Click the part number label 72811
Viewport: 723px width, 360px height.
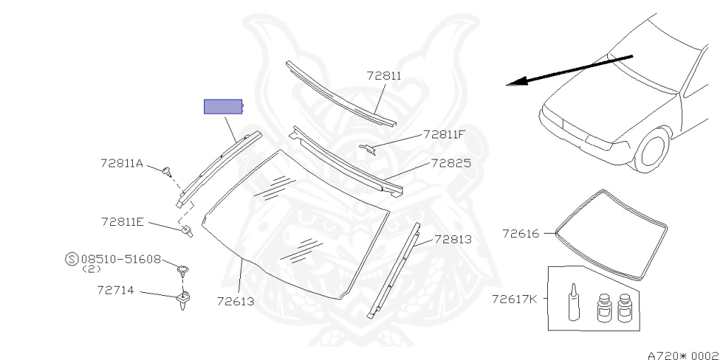coord(383,75)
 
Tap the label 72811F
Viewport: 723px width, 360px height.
coord(444,133)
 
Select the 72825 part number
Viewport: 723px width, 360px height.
coord(451,163)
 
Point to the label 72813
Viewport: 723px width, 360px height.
coord(453,239)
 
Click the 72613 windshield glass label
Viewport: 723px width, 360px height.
coord(236,301)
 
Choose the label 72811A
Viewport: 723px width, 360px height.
coord(121,164)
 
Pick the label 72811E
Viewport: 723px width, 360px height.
coord(122,222)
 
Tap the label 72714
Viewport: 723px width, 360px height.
coord(117,290)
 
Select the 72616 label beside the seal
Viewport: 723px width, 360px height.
coord(520,233)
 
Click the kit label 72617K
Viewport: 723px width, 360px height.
coord(515,299)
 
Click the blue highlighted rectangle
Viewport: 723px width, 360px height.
coord(223,107)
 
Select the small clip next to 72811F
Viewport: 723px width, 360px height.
coord(369,148)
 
